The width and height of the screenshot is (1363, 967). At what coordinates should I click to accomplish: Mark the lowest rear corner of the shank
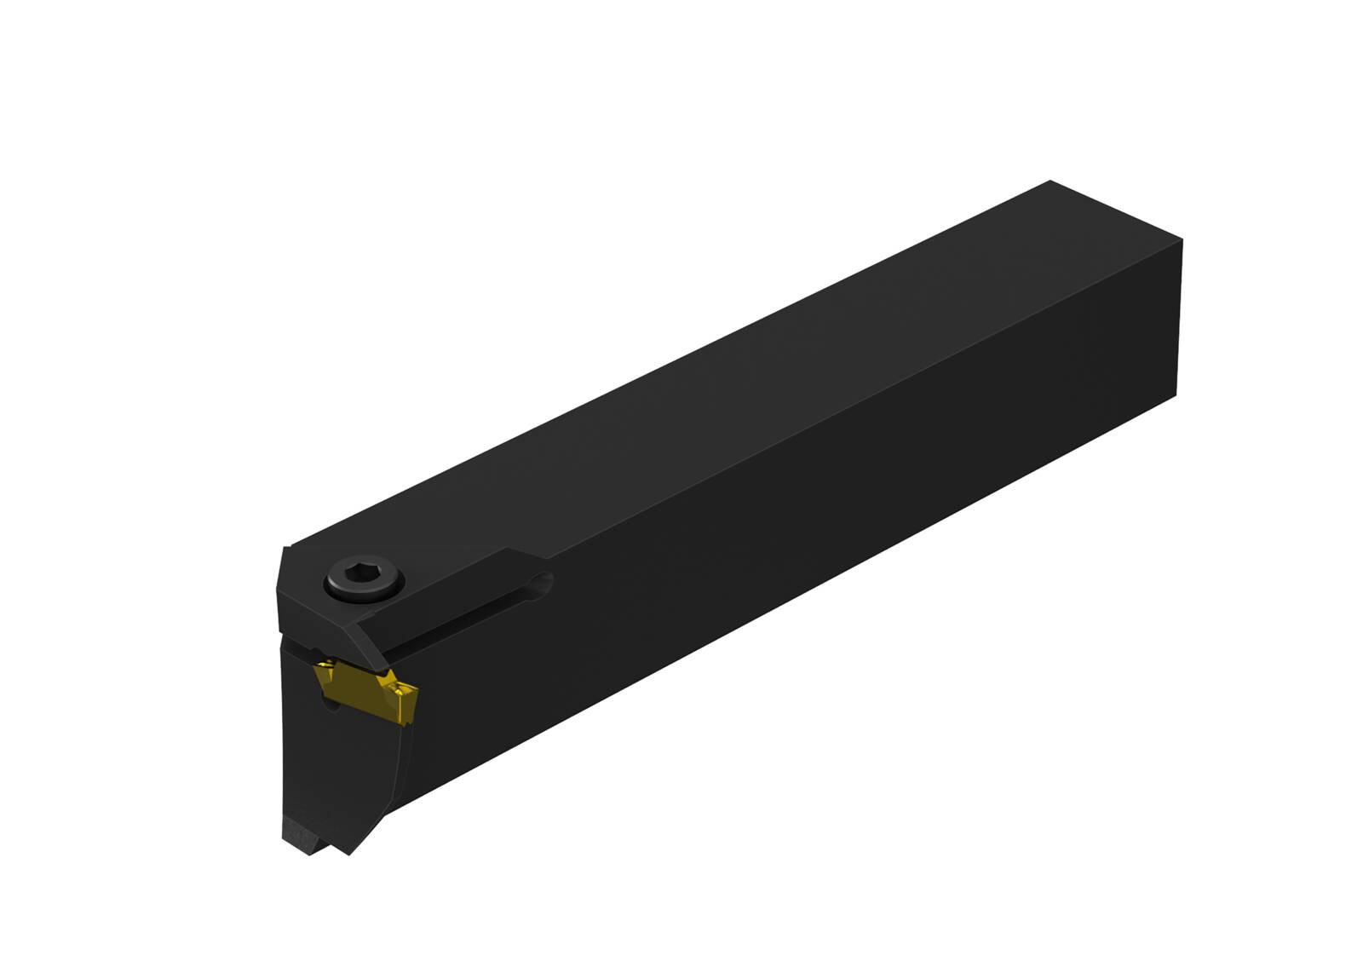tap(1176, 397)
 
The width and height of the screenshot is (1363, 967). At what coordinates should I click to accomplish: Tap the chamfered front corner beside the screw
tap(285, 588)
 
